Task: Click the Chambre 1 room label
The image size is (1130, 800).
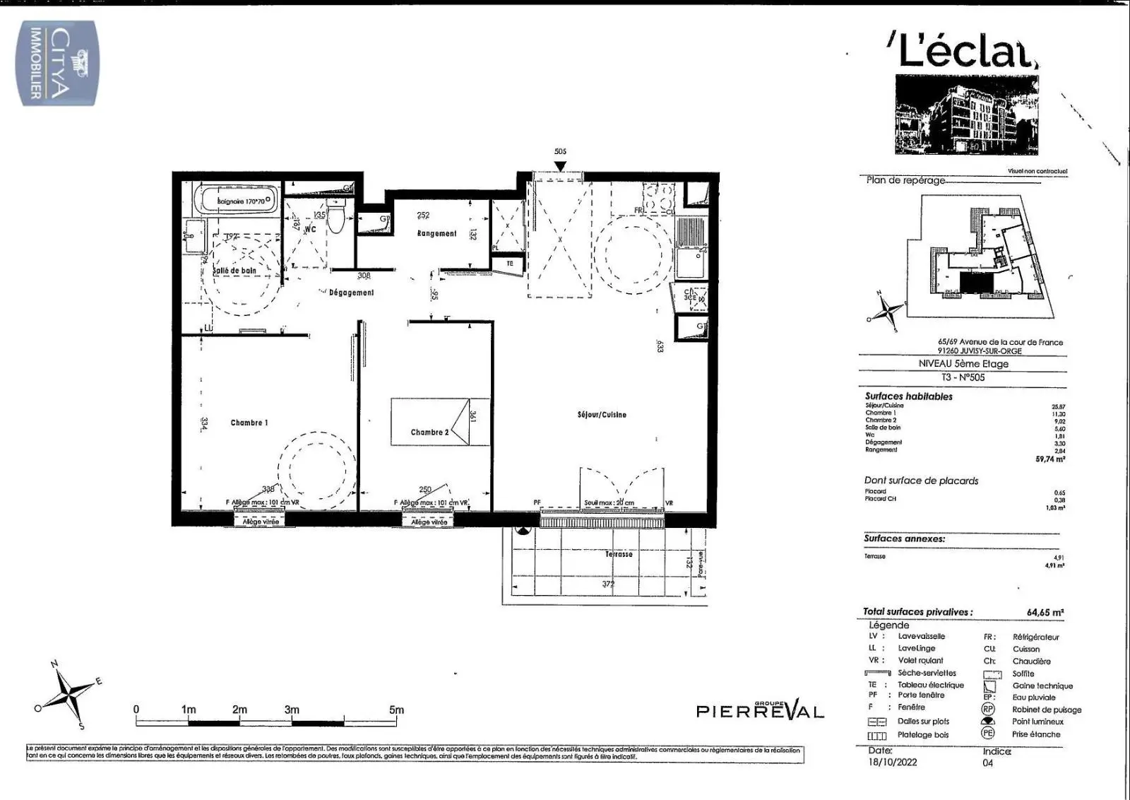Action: [x=249, y=423]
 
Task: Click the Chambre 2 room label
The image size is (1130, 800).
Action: [x=429, y=432]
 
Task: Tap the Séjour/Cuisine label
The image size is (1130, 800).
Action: [x=602, y=415]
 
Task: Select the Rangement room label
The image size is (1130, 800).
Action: [x=436, y=233]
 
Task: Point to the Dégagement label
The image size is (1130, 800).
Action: [x=351, y=293]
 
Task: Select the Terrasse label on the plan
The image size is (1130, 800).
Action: [x=619, y=554]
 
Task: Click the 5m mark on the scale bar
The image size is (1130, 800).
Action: [x=396, y=711]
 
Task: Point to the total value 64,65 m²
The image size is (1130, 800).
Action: [x=1045, y=613]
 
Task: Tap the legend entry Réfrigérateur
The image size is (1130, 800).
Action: [x=1035, y=637]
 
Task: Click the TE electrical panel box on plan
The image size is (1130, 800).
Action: [x=510, y=264]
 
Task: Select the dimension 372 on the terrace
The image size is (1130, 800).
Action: [x=608, y=584]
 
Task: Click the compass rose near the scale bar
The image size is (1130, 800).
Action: [x=69, y=694]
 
